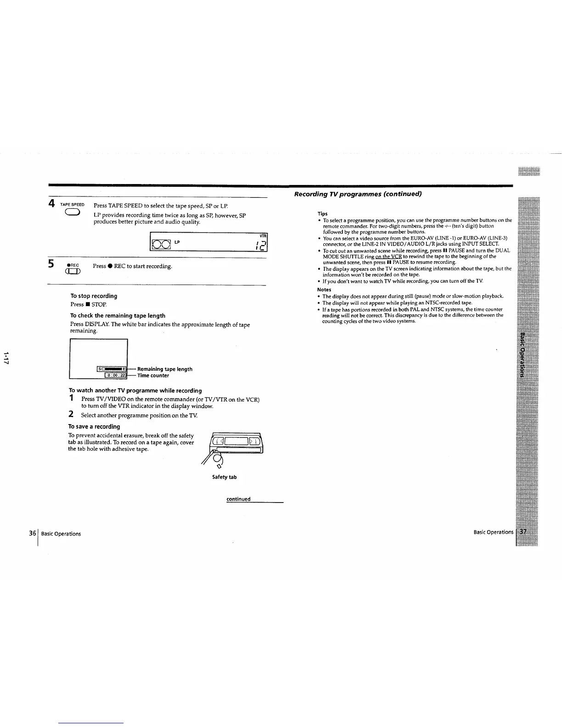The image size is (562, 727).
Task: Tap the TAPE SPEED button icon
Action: [73, 212]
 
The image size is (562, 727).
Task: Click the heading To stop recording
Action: [94, 296]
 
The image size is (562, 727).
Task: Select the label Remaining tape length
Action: [164, 369]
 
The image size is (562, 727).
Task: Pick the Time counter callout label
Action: [153, 375]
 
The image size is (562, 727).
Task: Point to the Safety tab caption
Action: [224, 477]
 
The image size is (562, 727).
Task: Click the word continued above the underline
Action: [238, 499]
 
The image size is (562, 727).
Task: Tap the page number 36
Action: [32, 533]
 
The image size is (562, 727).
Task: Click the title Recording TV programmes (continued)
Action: [358, 194]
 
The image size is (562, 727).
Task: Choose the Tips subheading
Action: [322, 214]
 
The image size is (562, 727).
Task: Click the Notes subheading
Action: [324, 290]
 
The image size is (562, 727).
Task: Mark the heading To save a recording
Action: [94, 426]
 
